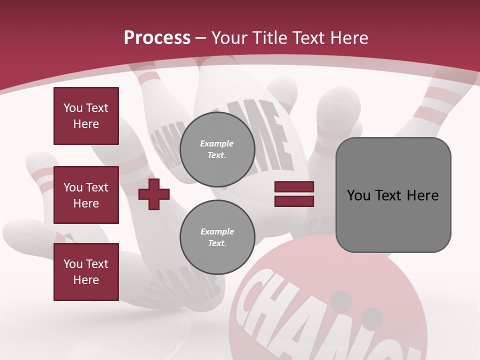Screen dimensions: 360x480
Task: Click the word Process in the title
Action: pos(157,38)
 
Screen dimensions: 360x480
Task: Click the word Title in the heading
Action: pos(269,38)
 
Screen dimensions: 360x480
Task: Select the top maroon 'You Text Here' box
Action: pos(86,116)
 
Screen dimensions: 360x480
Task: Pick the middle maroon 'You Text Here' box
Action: pos(86,195)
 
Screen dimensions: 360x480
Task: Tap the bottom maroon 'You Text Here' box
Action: pos(86,272)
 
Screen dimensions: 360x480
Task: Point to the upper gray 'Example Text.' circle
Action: pos(217,149)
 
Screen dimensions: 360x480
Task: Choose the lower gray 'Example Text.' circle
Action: pos(217,237)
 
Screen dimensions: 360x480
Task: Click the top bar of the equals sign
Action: pos(294,187)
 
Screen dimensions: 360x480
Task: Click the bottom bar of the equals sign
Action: pos(294,201)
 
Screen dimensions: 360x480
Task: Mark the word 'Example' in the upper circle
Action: pos(217,143)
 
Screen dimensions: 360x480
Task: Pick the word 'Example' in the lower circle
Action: pos(217,231)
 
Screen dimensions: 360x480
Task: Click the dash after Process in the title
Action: pos(201,38)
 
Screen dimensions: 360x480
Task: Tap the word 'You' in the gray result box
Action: pos(358,195)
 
